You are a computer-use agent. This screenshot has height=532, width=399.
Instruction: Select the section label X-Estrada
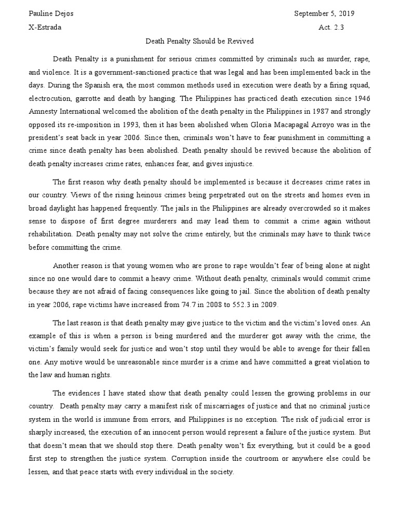(45, 28)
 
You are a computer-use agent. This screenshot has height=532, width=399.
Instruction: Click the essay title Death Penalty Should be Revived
(199, 42)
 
